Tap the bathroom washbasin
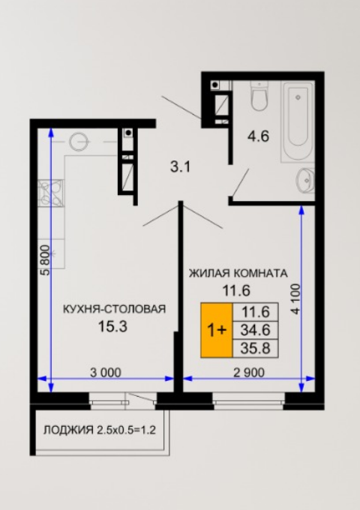[306, 181]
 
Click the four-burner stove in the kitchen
[51, 193]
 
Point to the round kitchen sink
[78, 142]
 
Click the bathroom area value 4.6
[259, 136]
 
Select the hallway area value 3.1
[180, 167]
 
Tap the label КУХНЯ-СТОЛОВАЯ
[114, 309]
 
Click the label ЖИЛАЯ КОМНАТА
[238, 274]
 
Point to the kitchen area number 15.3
[112, 326]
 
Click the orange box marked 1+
[217, 331]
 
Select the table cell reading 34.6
[256, 331]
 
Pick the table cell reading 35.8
[256, 348]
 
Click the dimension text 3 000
[106, 373]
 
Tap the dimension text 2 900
[249, 373]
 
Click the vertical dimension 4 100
[295, 299]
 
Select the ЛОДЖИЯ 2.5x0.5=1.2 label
[100, 430]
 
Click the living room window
[249, 400]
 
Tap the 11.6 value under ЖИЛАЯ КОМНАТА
[236, 290]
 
